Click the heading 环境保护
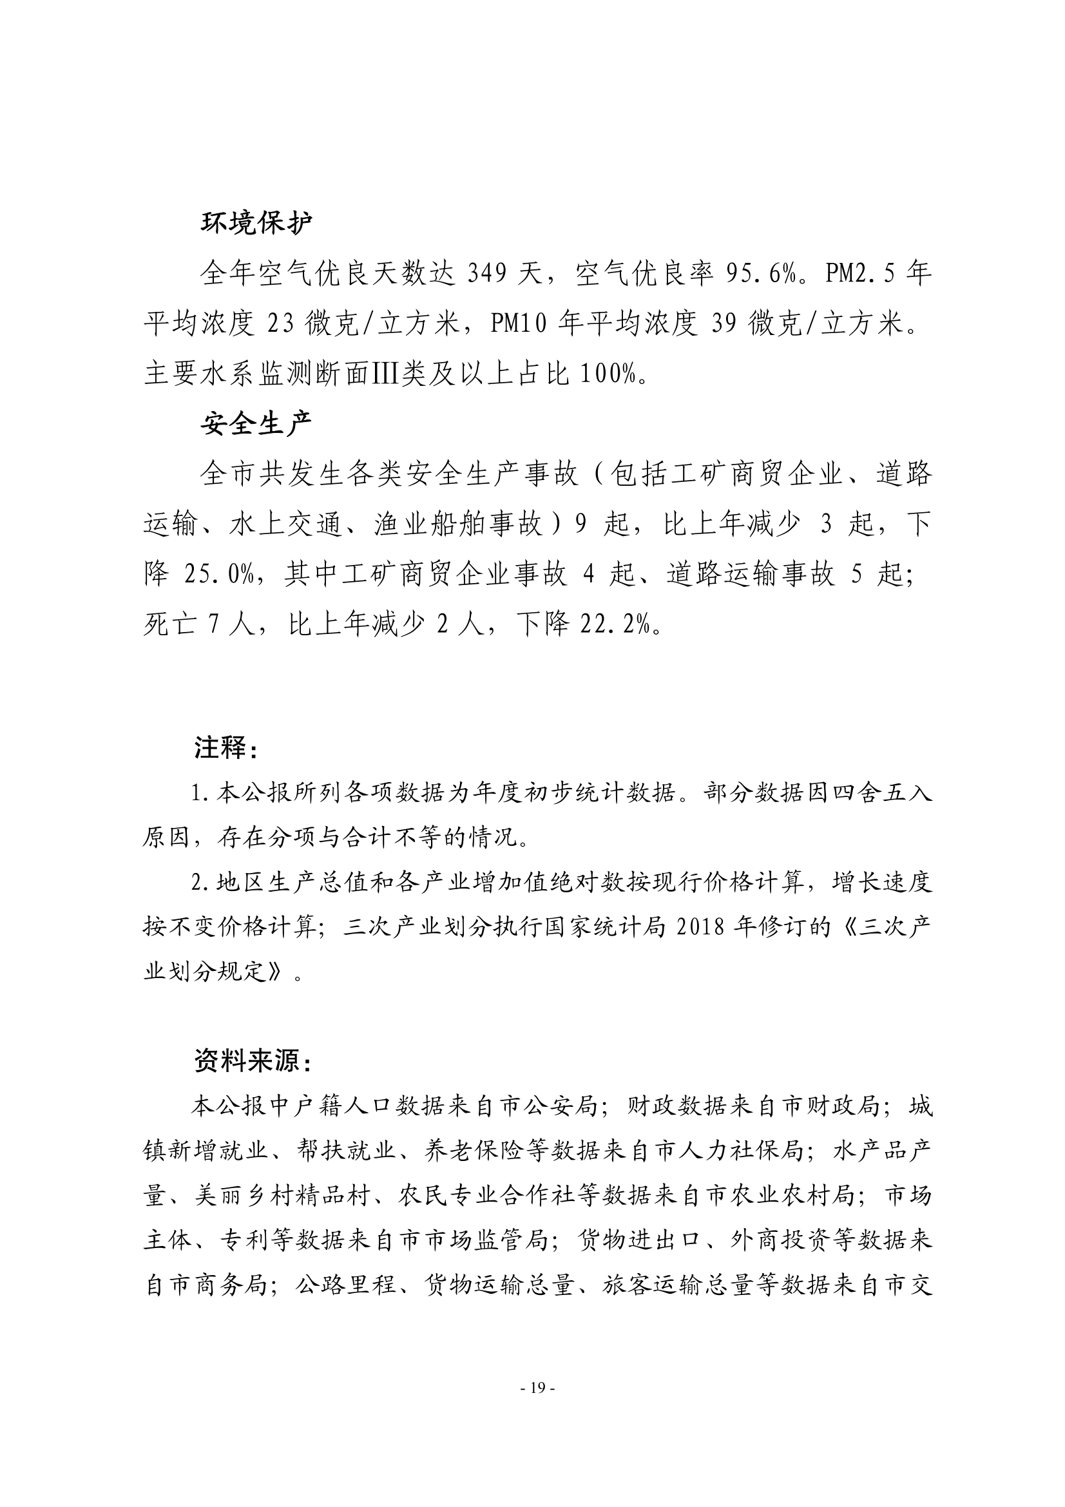[256, 223]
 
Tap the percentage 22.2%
[614, 626]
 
